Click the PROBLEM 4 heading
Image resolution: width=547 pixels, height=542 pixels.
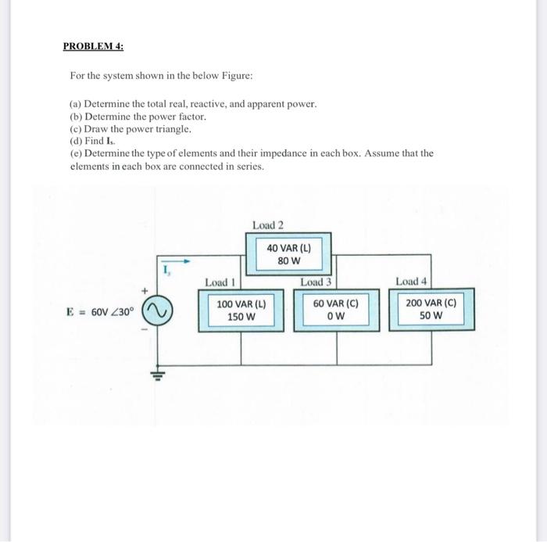pos(93,46)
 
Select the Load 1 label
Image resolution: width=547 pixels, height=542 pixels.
pos(220,282)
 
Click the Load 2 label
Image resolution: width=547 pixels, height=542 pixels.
pos(268,225)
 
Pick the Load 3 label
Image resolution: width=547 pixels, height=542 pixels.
pos(316,282)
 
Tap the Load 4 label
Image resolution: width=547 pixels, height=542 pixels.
pos(411,281)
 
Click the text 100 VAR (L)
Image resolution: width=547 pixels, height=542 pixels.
pos(241,304)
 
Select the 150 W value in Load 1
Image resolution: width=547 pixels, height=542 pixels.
pos(241,317)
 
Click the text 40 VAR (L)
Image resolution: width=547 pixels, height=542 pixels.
pos(289,248)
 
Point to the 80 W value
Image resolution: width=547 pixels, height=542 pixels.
pos(289,260)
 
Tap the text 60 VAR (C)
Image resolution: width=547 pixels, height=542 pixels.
pos(336,304)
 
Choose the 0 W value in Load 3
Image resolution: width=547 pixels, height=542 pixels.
pos(336,317)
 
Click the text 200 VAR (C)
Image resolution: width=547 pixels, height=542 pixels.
pos(431,303)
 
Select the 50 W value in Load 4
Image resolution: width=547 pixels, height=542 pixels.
pos(431,316)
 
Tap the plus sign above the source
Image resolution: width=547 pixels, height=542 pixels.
pos(145,291)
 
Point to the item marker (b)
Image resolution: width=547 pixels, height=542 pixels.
pos(76,117)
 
